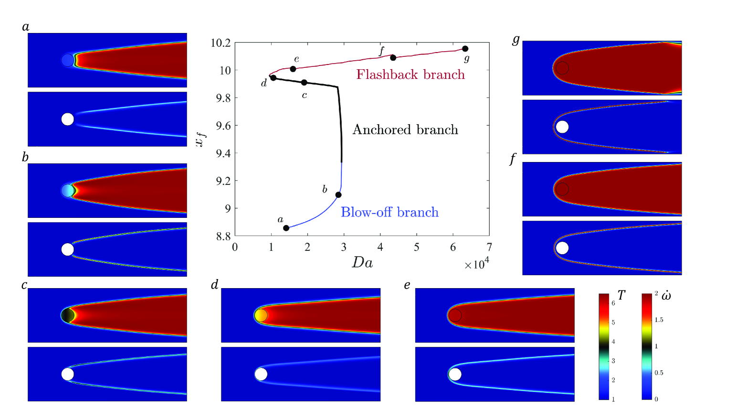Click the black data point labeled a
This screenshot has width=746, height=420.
(x=286, y=228)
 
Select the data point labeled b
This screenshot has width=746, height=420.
(x=338, y=194)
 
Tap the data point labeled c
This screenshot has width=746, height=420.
(x=304, y=83)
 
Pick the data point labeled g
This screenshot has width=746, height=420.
(x=465, y=49)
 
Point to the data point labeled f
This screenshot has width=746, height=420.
(x=393, y=58)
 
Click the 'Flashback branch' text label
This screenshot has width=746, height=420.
(x=410, y=75)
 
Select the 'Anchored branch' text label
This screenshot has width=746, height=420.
(x=405, y=130)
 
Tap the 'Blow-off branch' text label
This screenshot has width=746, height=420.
(x=389, y=212)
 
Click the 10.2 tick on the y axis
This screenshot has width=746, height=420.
(x=221, y=43)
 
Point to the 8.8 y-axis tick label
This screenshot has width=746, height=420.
(x=221, y=236)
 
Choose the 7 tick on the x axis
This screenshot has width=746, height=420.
(x=489, y=247)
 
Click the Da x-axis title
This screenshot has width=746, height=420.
(x=362, y=262)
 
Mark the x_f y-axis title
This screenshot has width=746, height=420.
(x=201, y=139)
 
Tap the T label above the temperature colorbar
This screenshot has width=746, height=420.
(x=621, y=295)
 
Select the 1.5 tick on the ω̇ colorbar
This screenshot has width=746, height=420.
(x=659, y=320)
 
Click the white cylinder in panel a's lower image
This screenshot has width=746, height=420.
(x=68, y=119)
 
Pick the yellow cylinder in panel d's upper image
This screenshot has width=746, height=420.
(x=261, y=315)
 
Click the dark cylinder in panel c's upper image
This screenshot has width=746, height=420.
(x=68, y=315)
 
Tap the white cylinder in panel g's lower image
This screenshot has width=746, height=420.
(x=562, y=127)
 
